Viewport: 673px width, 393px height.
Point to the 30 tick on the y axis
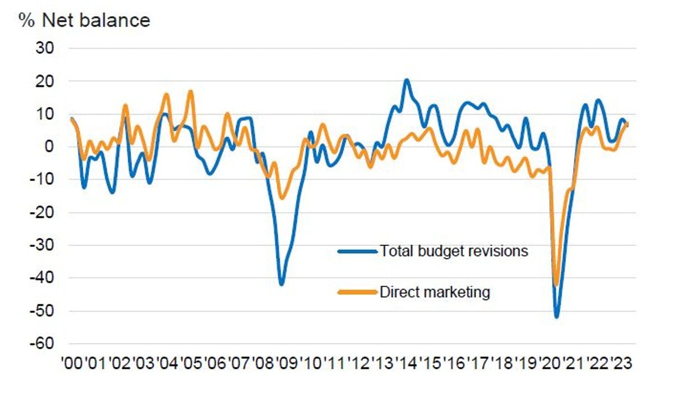45,48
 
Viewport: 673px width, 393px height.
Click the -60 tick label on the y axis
42,344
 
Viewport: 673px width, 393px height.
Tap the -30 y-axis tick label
42,245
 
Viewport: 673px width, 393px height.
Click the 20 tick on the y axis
45,81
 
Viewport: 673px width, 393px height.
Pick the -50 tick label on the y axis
42,311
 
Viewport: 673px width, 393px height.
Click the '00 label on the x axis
72,364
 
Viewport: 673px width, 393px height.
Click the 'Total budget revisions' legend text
454,251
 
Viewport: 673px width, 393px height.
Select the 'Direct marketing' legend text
435,292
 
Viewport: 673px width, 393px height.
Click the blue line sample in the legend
357,251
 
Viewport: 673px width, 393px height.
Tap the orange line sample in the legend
357,292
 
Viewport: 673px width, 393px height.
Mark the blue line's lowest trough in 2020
557,317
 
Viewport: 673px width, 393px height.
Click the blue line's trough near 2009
282,284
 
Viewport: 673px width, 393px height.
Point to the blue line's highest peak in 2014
407,80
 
